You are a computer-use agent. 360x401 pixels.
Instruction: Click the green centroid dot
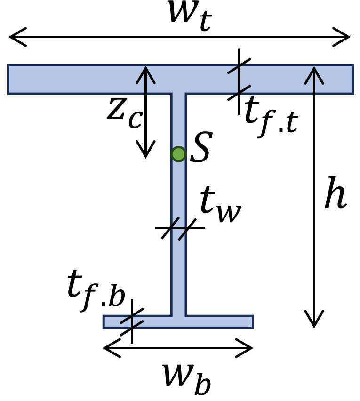pyautogui.click(x=178, y=154)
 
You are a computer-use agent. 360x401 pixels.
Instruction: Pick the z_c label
pyautogui.click(x=123, y=113)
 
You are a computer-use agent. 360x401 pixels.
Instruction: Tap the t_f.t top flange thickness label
pyautogui.click(x=271, y=118)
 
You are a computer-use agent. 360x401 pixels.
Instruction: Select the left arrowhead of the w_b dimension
pyautogui.click(x=108, y=349)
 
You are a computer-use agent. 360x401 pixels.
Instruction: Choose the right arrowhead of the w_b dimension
pyautogui.click(x=249, y=349)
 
